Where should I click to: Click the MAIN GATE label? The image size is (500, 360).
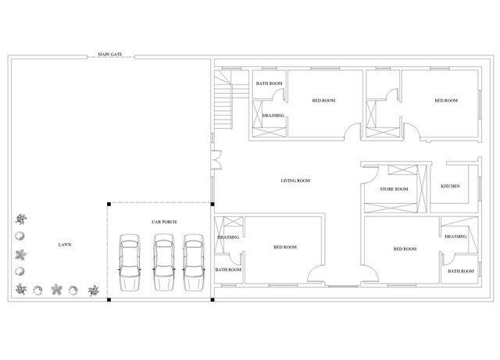tap(109, 54)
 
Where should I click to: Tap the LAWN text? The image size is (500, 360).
tap(65, 244)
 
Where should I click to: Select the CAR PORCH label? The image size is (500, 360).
tap(164, 222)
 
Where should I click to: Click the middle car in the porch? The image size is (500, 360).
tap(164, 262)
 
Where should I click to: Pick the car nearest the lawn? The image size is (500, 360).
tap(130, 262)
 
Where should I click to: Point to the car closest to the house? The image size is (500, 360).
tap(194, 262)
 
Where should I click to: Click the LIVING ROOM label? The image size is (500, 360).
tap(295, 180)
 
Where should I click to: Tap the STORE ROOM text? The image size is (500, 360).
tap(394, 189)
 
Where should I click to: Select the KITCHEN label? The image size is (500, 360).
tap(450, 186)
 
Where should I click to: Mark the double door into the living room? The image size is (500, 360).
tap(217, 159)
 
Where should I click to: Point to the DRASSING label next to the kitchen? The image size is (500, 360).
tap(455, 237)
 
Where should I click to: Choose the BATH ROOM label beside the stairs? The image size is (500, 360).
tap(269, 84)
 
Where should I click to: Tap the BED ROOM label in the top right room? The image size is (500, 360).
tap(446, 101)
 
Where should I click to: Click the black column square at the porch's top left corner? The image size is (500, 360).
tap(109, 204)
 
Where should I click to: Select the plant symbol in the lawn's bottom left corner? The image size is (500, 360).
tap(21, 289)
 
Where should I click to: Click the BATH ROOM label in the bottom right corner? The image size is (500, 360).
tap(461, 271)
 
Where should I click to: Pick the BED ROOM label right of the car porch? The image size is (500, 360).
tap(285, 247)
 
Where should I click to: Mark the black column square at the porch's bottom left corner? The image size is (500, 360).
tap(109, 300)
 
